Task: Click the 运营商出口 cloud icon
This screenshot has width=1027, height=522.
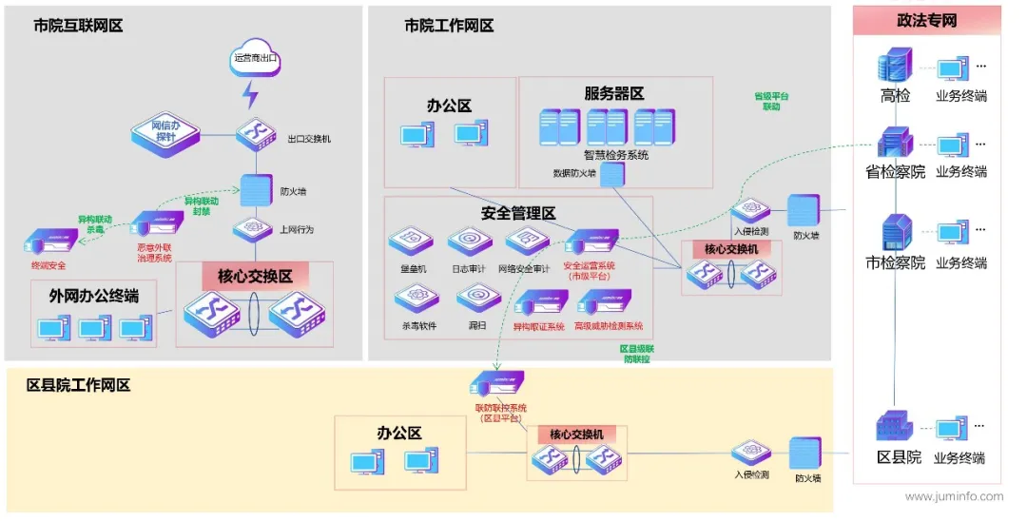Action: [255, 57]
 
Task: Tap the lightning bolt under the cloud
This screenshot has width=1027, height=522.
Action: [250, 95]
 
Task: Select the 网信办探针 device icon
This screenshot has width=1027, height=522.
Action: [165, 131]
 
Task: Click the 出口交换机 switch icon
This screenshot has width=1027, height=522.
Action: [255, 133]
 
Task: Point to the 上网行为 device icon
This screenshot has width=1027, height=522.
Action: [253, 228]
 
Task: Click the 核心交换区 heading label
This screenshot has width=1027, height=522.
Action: [254, 277]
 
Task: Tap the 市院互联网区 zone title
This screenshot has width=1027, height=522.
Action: [78, 26]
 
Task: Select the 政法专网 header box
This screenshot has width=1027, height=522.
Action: [926, 21]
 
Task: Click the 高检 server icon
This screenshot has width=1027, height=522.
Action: [895, 67]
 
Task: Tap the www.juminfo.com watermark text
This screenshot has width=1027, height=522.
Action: [954, 496]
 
